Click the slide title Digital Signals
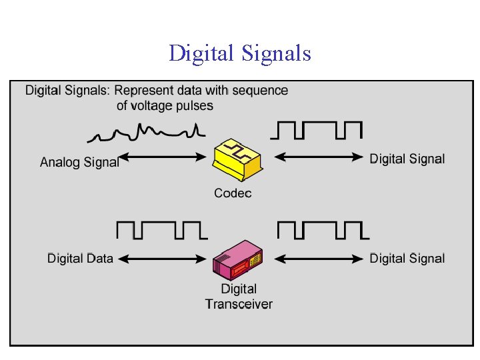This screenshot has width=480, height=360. click(x=240, y=53)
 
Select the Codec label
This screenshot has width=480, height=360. click(x=233, y=193)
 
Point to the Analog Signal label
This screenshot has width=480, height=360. click(x=79, y=161)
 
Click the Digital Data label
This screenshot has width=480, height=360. click(x=80, y=258)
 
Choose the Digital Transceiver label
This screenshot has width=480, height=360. click(x=239, y=297)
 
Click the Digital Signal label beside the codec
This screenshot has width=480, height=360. click(x=407, y=158)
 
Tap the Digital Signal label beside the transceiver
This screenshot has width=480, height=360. click(x=407, y=258)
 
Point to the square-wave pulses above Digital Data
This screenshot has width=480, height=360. click(x=161, y=230)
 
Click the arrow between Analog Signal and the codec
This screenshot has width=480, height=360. click(x=163, y=158)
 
